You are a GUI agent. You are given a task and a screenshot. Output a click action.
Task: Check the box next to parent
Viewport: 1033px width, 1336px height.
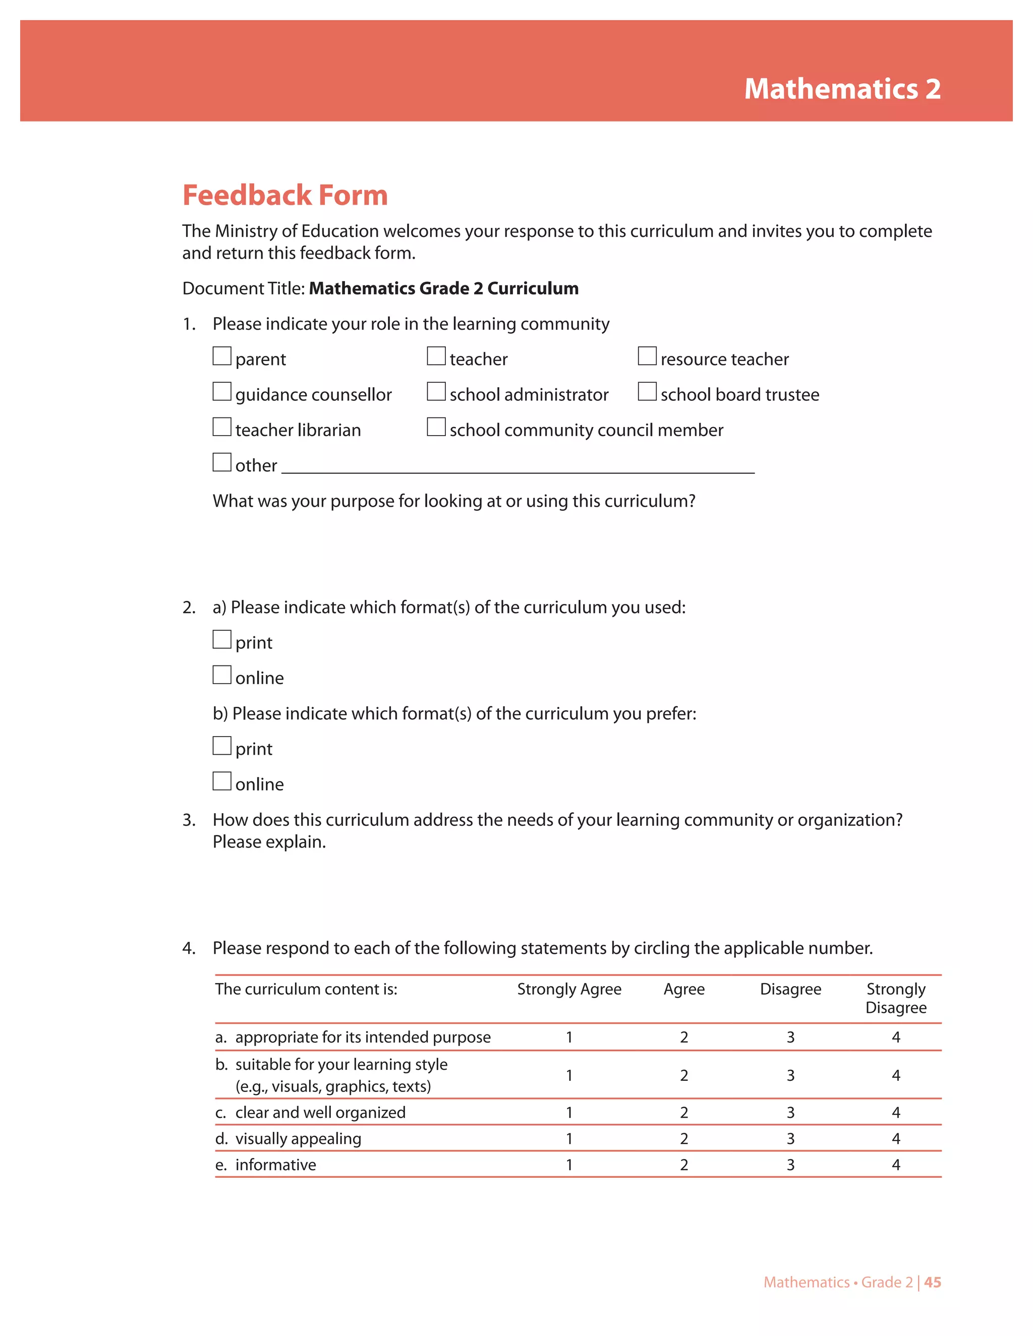coord(221,356)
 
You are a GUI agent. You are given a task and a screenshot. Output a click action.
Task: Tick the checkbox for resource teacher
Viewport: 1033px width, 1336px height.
coord(647,356)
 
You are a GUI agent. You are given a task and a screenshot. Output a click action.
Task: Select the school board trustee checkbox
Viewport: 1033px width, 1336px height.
coord(647,392)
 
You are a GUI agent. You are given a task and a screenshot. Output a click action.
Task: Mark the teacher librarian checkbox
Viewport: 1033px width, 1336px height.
coord(221,427)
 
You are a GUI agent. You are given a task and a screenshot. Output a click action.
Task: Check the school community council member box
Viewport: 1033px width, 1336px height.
coord(436,427)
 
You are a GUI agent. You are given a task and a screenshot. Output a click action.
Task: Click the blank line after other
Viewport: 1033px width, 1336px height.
coord(518,467)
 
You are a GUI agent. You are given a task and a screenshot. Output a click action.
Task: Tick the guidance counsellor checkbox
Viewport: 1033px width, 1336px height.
coord(221,392)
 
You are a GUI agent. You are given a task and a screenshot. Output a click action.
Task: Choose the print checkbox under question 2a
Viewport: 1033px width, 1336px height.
coord(221,639)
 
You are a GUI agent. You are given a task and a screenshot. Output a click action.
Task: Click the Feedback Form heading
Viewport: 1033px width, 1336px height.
coord(285,195)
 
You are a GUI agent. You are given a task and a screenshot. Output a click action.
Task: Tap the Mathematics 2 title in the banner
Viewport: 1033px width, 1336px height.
coord(842,89)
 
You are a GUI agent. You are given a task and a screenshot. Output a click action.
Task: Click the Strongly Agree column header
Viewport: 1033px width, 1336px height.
coord(568,989)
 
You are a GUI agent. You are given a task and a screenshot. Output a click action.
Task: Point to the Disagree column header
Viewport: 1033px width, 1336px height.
coord(790,989)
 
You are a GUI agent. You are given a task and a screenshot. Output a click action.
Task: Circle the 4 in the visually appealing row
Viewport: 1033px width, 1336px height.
coord(896,1138)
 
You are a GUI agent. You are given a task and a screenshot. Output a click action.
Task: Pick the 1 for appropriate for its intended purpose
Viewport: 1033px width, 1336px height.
coord(568,1037)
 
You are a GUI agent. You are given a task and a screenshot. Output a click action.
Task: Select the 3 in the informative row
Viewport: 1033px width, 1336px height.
coord(790,1165)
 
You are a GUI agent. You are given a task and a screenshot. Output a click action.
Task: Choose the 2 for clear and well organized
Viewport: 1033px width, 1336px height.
coord(683,1112)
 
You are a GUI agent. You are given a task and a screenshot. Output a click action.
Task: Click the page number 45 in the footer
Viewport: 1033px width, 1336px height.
coord(933,1282)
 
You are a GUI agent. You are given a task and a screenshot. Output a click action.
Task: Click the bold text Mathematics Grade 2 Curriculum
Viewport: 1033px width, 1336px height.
coord(444,288)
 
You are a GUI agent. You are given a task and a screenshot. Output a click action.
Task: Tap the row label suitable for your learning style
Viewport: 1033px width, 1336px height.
coord(341,1064)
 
